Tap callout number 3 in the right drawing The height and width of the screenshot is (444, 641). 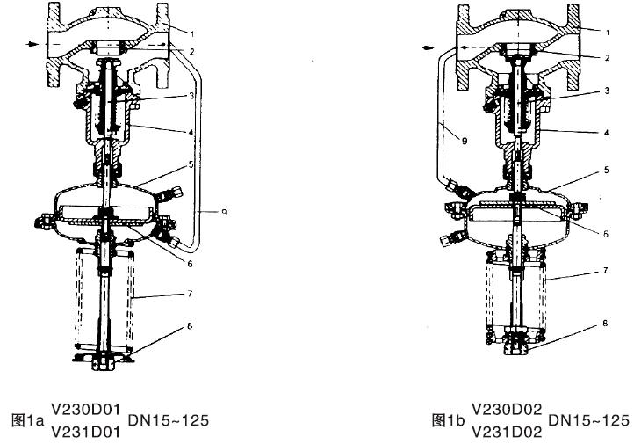point(606,91)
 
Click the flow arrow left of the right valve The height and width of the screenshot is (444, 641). point(429,49)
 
